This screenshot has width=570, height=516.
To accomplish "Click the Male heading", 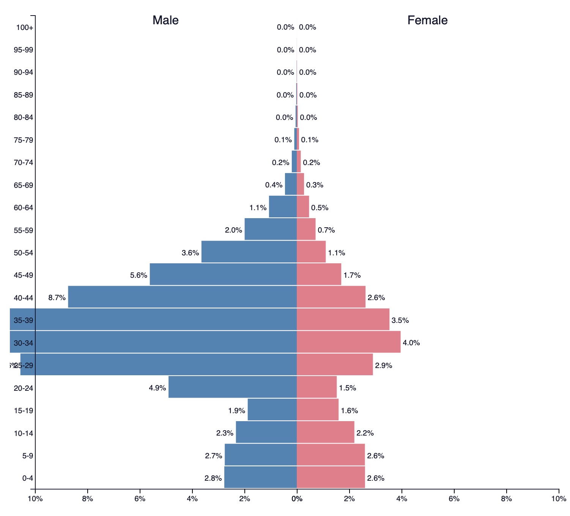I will point(165,20).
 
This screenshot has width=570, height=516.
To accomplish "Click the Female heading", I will point(427,20).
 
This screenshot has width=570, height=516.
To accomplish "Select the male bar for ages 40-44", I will point(182,297).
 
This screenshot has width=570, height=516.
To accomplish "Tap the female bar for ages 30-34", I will point(348,342).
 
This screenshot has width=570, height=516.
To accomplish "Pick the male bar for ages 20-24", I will point(232,387).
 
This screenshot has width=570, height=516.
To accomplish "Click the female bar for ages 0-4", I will point(331,477).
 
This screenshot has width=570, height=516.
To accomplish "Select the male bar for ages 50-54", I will point(249,252).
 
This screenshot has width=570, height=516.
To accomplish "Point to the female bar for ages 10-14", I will point(325,432).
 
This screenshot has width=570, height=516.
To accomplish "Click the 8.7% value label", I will point(57,298).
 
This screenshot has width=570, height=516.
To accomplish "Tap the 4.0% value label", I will point(411,343).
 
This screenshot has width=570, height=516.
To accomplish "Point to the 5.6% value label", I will point(139,275).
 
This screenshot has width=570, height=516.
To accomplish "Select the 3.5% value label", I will point(400,320).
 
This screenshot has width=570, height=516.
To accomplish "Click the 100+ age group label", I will point(25,27).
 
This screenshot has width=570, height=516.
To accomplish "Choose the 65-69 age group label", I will point(23,185).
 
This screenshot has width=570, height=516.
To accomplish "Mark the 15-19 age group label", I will point(23,411).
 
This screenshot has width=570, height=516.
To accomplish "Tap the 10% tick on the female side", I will point(559,499).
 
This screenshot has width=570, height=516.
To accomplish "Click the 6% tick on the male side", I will point(140,499).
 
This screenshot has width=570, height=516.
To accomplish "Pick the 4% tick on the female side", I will point(402,499).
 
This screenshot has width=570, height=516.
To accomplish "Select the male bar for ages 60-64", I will point(283,206).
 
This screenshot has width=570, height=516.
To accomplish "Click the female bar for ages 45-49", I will point(319,274).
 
